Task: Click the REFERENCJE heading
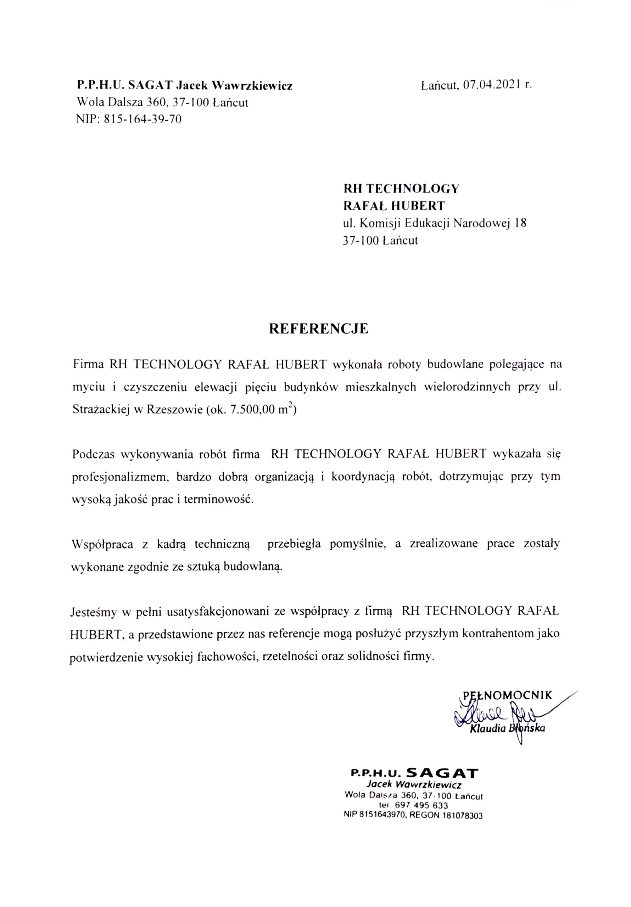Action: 319,329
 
